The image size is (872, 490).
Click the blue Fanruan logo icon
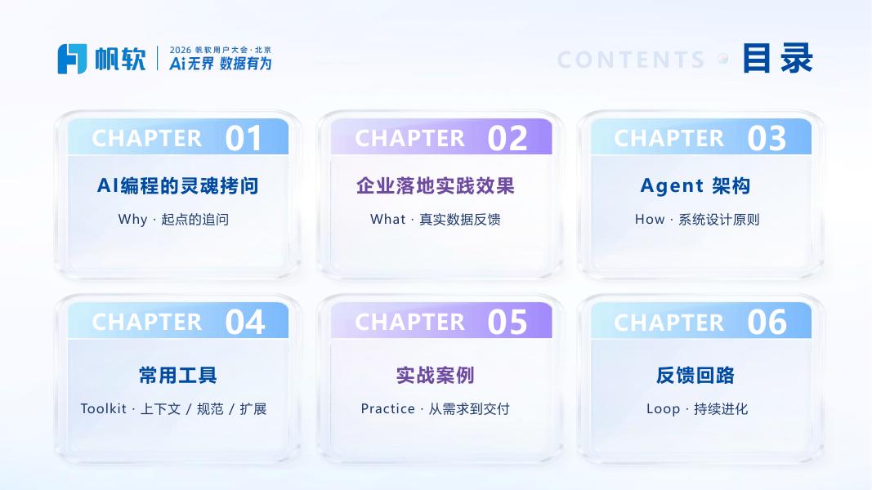coord(72,59)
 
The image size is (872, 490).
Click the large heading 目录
coord(777,58)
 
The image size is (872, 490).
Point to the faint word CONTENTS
coord(631,60)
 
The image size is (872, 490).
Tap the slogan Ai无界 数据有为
coord(220,64)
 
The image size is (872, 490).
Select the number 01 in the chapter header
coord(244,138)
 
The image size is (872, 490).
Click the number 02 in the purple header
coord(508,138)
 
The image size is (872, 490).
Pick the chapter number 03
coord(767,138)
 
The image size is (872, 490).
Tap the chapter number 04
coord(244,323)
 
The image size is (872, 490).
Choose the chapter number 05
coord(508,323)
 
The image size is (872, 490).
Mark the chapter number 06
coord(767,323)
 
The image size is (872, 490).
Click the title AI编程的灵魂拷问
coord(178,185)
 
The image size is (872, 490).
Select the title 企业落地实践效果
coord(436,185)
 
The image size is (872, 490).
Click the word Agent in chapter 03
coord(672,186)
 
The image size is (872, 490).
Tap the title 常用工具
coord(178,376)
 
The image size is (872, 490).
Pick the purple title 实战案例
coord(436,376)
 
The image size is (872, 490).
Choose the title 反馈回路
coord(695,376)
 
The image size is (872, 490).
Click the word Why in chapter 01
coord(132,220)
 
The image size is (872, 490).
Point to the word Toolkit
coord(104,409)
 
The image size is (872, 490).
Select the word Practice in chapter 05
coord(387,409)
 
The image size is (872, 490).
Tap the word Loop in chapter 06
coord(663,409)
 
